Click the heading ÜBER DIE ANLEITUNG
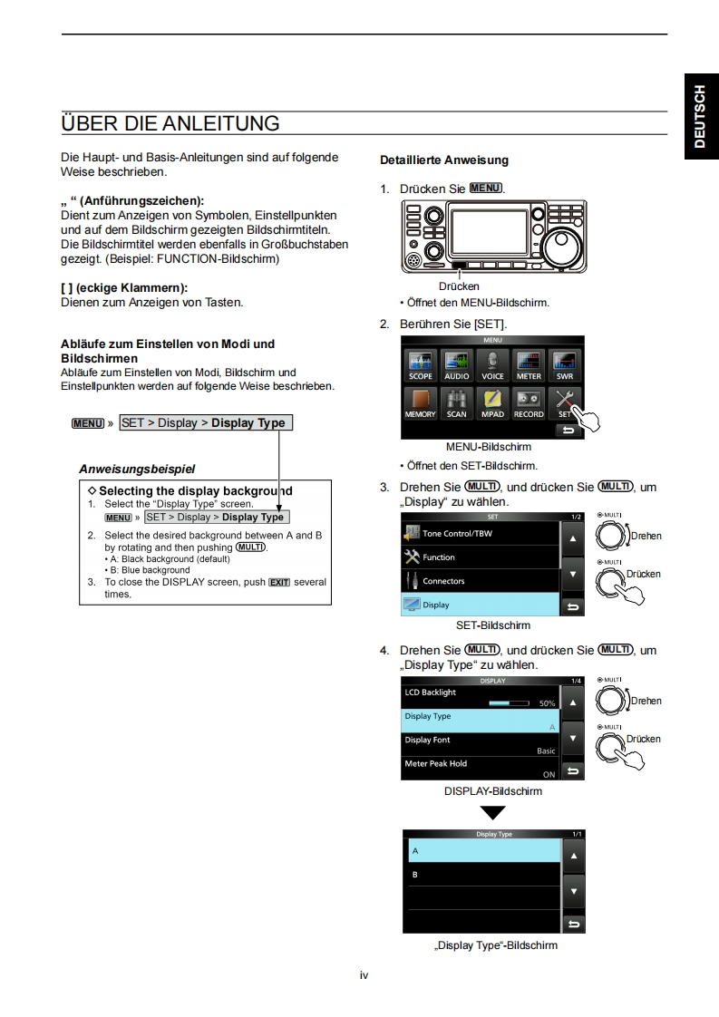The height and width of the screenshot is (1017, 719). click(x=170, y=122)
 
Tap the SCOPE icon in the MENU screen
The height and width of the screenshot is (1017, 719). click(x=421, y=364)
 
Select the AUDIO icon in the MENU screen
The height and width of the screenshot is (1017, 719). click(x=456, y=364)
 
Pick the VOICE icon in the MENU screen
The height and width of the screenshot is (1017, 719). click(x=492, y=364)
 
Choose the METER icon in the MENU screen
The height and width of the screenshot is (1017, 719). click(x=529, y=364)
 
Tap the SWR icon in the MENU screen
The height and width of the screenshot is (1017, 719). click(x=565, y=364)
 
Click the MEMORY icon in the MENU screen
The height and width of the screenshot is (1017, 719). click(x=421, y=402)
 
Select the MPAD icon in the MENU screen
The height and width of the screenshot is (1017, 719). click(x=492, y=402)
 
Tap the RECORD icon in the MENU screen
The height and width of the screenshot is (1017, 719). click(x=529, y=402)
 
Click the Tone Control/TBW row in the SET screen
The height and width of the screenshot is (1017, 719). click(x=481, y=534)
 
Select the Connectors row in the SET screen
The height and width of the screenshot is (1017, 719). click(x=481, y=581)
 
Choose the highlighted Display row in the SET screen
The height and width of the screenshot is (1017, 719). click(x=481, y=605)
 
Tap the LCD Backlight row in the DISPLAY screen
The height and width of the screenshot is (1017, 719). click(x=481, y=697)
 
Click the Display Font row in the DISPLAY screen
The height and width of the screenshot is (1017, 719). click(x=481, y=745)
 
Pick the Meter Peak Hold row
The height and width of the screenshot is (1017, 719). click(x=481, y=769)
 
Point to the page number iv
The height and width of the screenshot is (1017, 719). click(x=364, y=975)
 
